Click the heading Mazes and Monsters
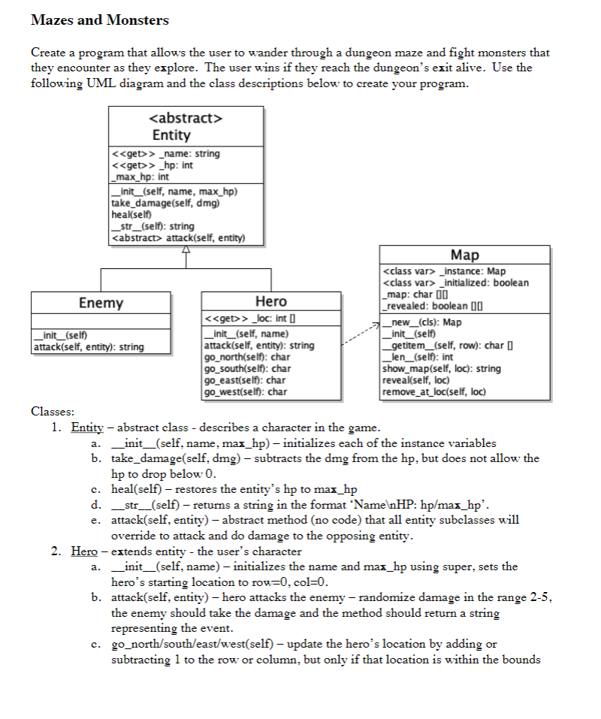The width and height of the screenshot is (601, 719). coord(100,20)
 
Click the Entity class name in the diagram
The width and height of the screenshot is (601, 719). coord(171,135)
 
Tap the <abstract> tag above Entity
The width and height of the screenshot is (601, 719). coord(186,118)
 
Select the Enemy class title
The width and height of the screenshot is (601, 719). coord(101,303)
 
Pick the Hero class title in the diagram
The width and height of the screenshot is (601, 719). coord(271,301)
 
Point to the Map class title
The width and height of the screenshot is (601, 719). coord(464,255)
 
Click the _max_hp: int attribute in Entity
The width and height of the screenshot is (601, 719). coord(140,177)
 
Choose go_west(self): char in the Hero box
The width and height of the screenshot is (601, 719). coord(246,391)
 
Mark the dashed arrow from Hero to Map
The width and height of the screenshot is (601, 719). coord(359,334)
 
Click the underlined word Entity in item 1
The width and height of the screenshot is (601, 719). coord(87,428)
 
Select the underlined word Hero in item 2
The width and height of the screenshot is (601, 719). coord(85,551)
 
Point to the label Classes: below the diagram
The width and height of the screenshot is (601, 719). coord(53,411)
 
